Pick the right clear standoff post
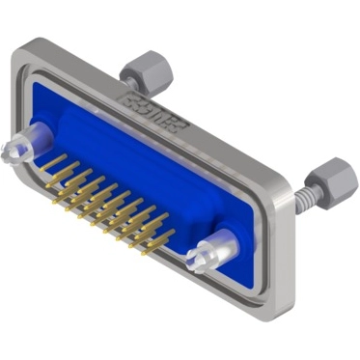[x=209, y=252]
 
